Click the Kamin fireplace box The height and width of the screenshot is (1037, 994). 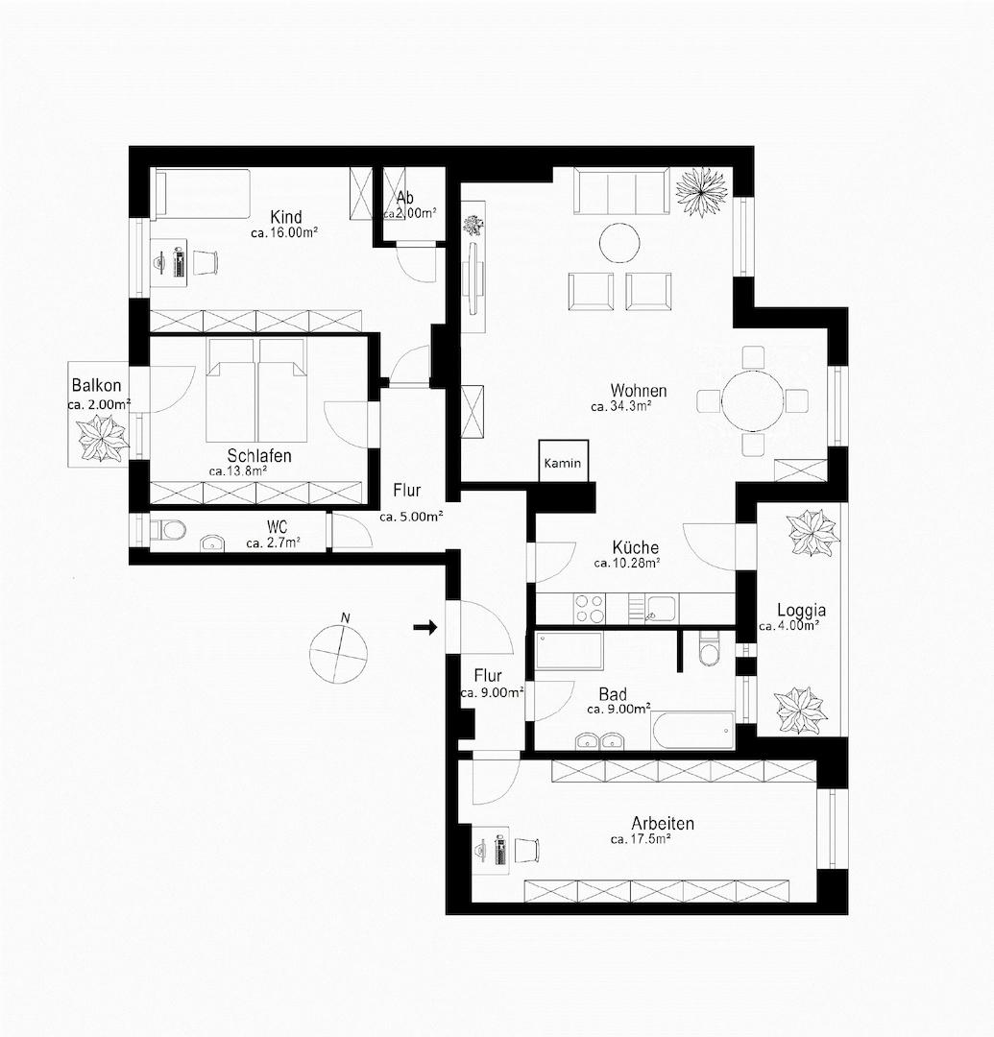562,462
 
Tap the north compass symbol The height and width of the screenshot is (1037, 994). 338,654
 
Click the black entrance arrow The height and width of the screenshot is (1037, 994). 424,628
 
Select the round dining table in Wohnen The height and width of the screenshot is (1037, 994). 753,400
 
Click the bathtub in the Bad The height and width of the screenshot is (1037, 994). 692,731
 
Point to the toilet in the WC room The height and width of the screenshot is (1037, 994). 170,530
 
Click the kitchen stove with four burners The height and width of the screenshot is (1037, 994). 590,607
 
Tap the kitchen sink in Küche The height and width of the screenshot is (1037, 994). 661,607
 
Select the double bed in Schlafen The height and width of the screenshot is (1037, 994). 256,388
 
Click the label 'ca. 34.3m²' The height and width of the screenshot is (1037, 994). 622,407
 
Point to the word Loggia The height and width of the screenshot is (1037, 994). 801,610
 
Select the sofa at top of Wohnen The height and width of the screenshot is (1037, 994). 621,191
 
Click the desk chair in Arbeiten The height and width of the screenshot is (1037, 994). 526,851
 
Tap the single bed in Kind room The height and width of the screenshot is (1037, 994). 202,193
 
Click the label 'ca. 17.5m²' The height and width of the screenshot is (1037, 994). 640,839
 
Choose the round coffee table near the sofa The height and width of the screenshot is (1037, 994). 619,244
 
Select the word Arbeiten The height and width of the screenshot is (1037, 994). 663,823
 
